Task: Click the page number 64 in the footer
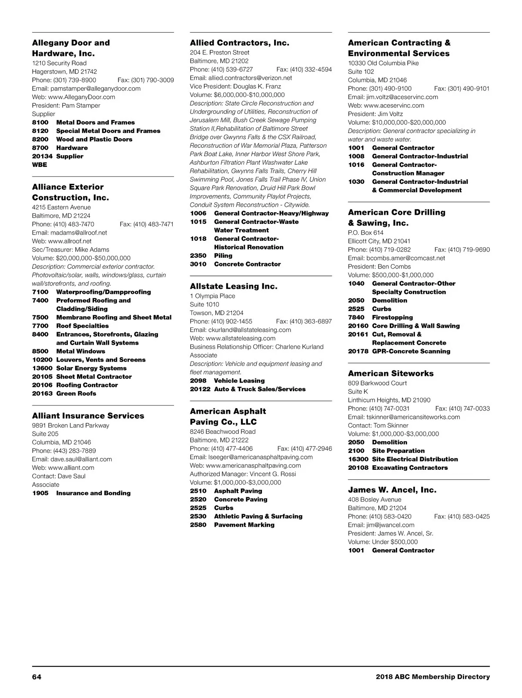[37, 677]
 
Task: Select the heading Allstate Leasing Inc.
[233, 286]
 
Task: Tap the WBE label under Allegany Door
[40, 165]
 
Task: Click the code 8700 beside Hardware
[40, 148]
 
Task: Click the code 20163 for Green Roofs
[42, 394]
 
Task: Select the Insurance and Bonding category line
[93, 493]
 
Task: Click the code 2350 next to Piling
[198, 256]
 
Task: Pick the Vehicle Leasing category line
[239, 381]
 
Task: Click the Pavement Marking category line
[244, 525]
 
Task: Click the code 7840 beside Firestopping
[356, 318]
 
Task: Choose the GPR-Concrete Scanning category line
[411, 352]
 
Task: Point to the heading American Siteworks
[391, 373]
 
